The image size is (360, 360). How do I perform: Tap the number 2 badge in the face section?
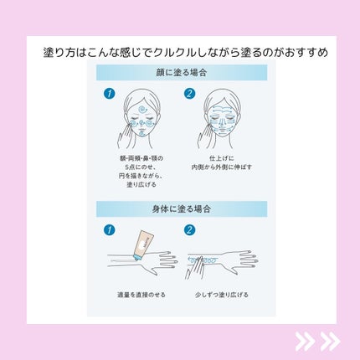coord(189,93)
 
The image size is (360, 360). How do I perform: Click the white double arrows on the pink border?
coord(317,341)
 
